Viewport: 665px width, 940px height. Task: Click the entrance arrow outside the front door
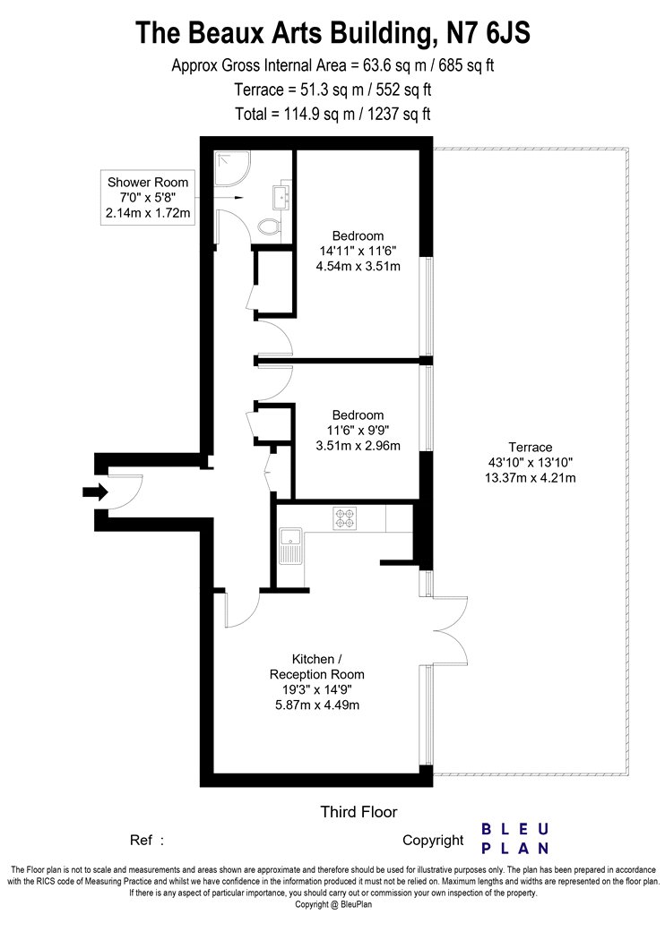click(x=95, y=492)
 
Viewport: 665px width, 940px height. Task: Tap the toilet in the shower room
click(x=269, y=226)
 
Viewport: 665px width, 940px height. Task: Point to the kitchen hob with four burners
click(x=344, y=518)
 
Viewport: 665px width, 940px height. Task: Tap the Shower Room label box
click(x=148, y=198)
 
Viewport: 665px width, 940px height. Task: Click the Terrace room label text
click(x=530, y=448)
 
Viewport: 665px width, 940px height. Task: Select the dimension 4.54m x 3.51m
click(x=358, y=266)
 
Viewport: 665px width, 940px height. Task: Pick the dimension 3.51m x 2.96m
click(x=358, y=446)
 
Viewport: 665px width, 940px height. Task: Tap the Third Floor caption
click(x=358, y=812)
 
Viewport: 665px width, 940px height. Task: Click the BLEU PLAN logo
click(x=515, y=839)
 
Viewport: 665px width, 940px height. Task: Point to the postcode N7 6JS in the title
click(x=489, y=32)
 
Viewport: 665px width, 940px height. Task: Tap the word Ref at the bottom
click(x=141, y=841)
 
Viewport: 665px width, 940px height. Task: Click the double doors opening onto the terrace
click(x=450, y=630)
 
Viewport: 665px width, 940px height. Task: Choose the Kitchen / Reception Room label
click(x=317, y=667)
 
